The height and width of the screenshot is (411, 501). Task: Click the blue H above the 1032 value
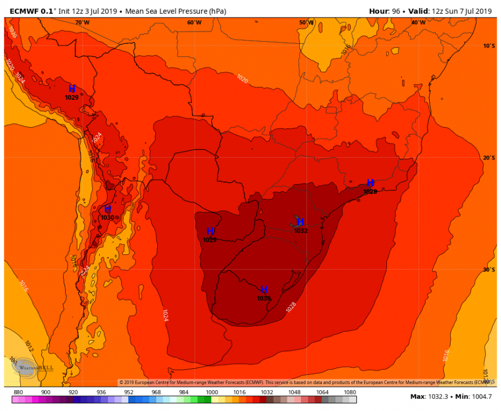pos(300,222)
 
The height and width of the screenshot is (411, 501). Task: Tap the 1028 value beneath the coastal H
pos(370,192)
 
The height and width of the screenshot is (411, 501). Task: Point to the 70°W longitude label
pos(82,22)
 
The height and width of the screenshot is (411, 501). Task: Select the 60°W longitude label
pos(194,22)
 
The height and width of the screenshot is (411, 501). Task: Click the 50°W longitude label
pos(306,22)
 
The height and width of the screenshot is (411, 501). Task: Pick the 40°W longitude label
pos(418,22)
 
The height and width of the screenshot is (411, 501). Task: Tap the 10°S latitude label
pos(489,46)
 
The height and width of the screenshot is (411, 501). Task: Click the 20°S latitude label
pos(489,158)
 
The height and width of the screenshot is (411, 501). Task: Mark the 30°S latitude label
pos(489,270)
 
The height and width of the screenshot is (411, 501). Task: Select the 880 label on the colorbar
pos(18,392)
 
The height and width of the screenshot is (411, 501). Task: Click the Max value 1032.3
pos(437,396)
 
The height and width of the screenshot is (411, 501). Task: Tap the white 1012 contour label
pos(29,346)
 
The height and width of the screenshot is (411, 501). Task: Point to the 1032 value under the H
pos(301,231)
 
